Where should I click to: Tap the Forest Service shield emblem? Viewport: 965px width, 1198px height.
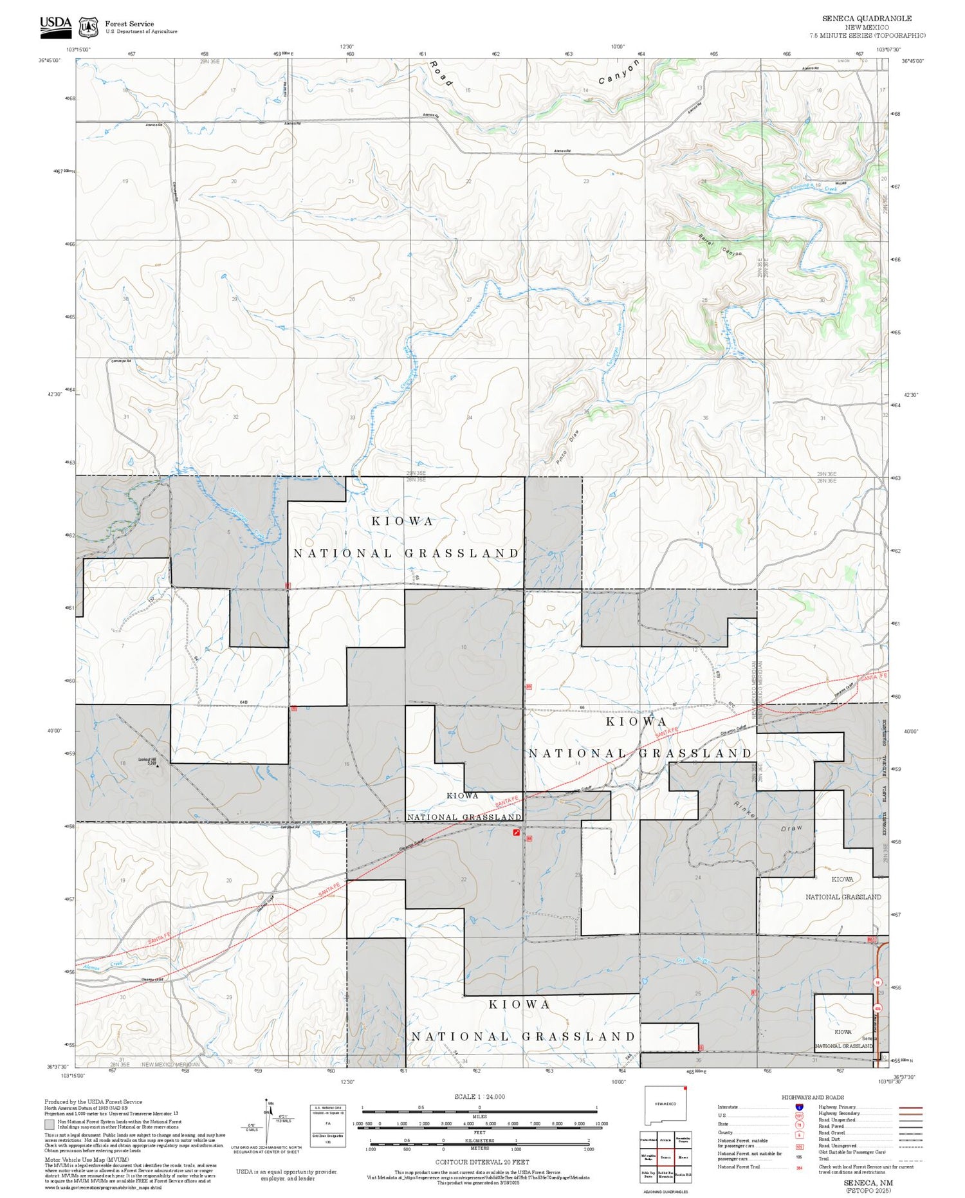tap(88, 27)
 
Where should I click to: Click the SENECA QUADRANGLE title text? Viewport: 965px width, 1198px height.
tap(867, 18)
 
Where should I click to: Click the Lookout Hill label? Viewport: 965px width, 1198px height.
tap(147, 759)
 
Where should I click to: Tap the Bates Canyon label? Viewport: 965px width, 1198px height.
tap(720, 244)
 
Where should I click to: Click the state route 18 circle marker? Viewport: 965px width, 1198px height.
tap(878, 982)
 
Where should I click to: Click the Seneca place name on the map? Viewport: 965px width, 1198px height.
tap(869, 1039)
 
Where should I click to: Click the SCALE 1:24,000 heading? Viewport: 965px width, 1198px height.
tap(479, 1097)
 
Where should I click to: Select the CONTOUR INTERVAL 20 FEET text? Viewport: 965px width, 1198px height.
tap(482, 1162)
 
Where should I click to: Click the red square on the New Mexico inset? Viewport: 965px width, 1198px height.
tap(685, 1089)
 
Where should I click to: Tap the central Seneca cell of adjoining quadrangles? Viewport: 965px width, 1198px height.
tap(665, 1156)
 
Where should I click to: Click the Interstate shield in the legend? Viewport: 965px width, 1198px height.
tap(799, 1107)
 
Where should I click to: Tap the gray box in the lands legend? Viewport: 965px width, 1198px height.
tap(50, 1125)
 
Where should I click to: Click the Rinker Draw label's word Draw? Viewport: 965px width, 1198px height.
tap(792, 829)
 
